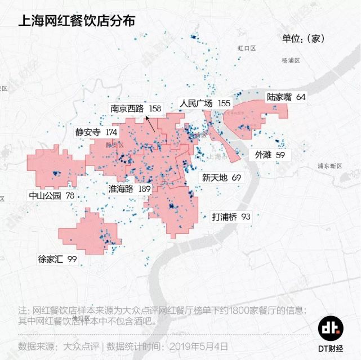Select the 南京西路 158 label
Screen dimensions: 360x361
[136, 109]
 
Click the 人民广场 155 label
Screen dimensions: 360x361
[205, 103]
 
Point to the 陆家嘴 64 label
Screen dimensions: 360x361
[287, 97]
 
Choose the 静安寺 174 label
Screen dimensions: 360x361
[96, 132]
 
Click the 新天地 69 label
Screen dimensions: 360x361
[221, 178]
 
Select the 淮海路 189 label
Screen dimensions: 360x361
[130, 189]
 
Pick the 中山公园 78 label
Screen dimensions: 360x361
[52, 196]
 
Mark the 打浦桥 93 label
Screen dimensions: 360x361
[231, 217]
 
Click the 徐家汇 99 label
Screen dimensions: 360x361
[57, 259]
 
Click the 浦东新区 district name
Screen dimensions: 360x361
[329, 166]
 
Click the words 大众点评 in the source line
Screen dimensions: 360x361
[82, 345]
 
